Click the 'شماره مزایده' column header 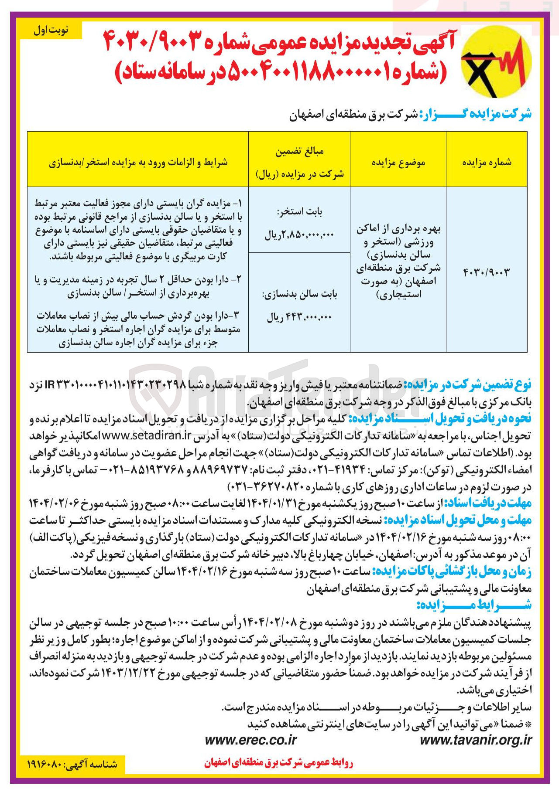[487, 163]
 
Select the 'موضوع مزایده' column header [398, 163]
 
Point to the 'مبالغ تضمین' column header [299, 152]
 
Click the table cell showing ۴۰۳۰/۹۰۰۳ [486, 272]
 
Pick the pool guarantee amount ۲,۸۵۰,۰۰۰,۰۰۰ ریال [299, 235]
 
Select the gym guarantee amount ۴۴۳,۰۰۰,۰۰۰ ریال [299, 318]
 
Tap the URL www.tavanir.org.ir [476, 740]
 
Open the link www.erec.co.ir [250, 740]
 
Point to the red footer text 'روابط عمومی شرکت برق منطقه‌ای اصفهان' [278, 762]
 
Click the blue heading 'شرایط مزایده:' [473, 605]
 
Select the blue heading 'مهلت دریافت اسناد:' [488, 503]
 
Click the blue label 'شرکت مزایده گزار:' [476, 115]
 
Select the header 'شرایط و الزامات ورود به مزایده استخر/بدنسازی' [138, 163]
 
